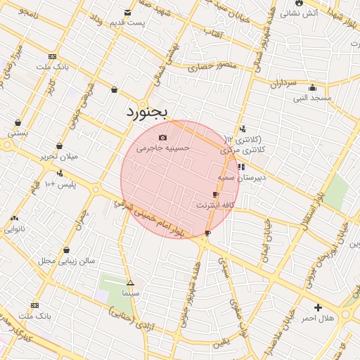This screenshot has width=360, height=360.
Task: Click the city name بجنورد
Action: [148, 111]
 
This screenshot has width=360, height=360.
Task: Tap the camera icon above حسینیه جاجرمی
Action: [163, 137]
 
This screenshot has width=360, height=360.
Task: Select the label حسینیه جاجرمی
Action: [163, 148]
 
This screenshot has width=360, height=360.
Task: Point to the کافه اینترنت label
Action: [213, 205]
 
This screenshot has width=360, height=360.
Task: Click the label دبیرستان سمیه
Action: [241, 178]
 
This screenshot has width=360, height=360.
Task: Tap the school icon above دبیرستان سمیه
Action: [241, 167]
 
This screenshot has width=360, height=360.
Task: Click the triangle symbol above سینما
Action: [130, 283]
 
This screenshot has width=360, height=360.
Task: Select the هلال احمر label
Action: [318, 319]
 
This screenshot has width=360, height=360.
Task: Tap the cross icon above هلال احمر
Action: [318, 307]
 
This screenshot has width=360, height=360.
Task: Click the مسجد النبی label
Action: [313, 98]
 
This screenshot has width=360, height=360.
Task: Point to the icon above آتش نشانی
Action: [300, 3]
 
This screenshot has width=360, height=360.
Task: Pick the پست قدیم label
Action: [127, 23]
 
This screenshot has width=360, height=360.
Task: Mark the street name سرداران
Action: [283, 84]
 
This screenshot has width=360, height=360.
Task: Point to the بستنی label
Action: [18, 131]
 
